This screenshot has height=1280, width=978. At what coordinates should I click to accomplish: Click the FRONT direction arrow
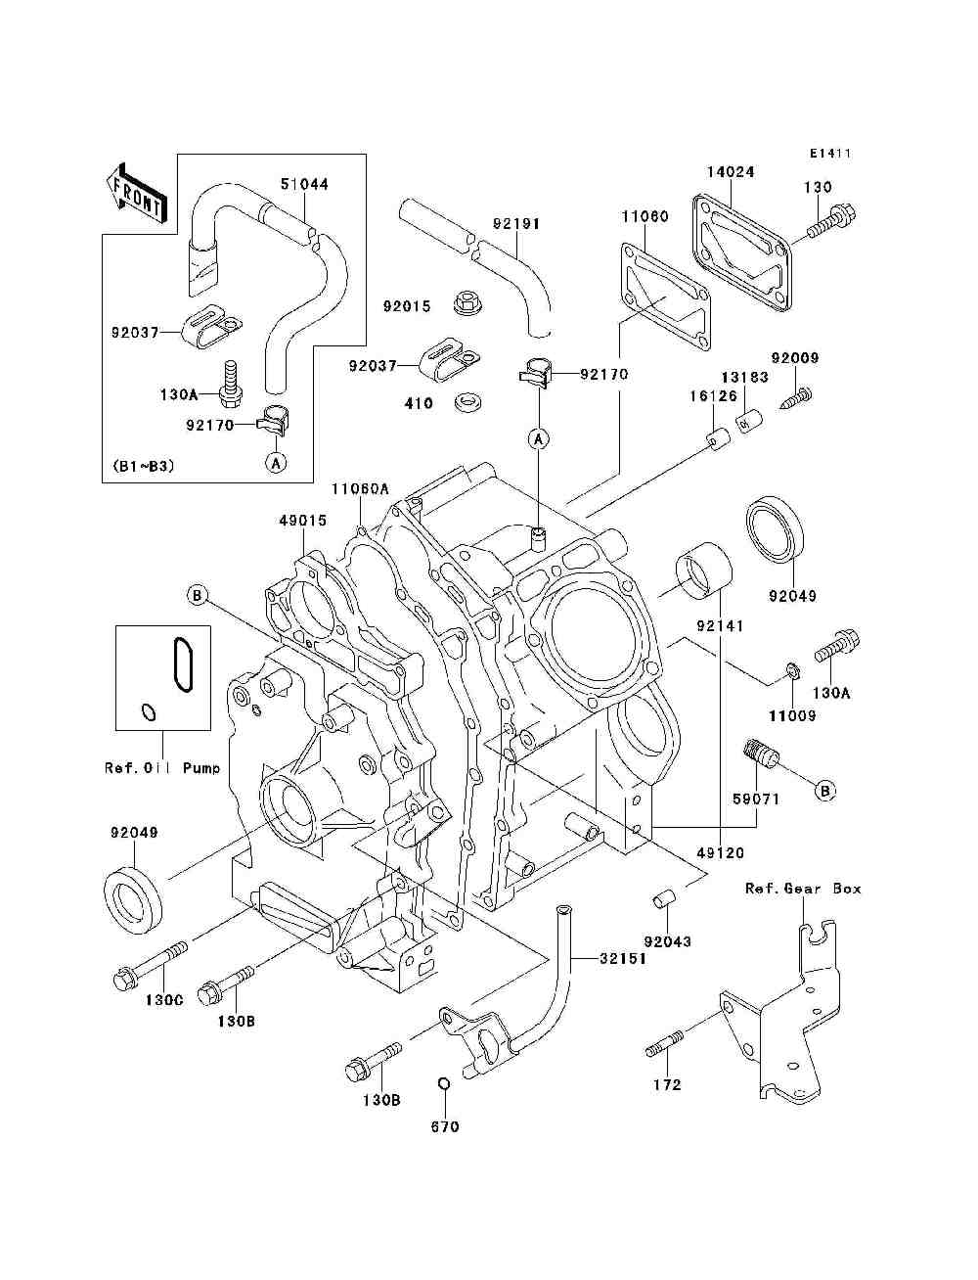click(135, 192)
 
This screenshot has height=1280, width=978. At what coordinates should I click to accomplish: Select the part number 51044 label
click(304, 184)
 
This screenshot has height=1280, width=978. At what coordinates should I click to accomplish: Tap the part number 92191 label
click(515, 224)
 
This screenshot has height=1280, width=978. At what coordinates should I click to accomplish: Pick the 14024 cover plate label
click(730, 171)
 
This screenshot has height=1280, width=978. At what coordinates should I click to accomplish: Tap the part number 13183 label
click(745, 377)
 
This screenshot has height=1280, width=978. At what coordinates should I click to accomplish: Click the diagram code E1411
click(830, 154)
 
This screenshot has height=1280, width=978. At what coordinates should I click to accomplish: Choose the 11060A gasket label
click(360, 488)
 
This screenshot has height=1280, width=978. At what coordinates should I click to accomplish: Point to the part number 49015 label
click(302, 521)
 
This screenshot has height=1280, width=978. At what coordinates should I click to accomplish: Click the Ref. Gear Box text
click(803, 889)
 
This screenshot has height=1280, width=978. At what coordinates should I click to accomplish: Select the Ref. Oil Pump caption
click(162, 768)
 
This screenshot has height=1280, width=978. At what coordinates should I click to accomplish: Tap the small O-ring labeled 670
click(442, 1084)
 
